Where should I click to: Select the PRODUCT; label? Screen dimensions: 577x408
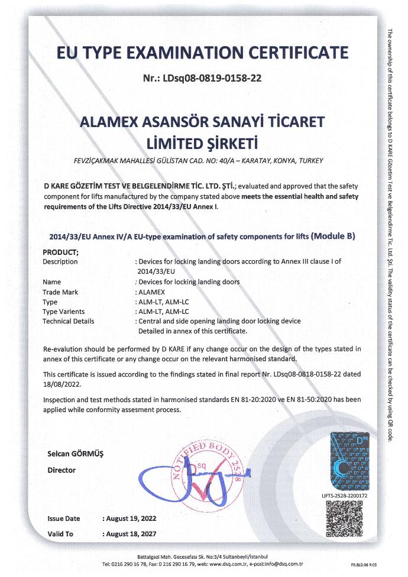[x=61, y=252]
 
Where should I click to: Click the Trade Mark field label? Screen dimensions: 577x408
[x=60, y=292]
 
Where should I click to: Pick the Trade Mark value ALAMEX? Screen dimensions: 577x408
[x=156, y=292]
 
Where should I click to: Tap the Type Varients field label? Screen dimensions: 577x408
[x=64, y=312]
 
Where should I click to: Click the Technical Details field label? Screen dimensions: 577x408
[x=68, y=321]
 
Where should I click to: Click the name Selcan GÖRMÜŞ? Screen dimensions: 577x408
[x=75, y=454]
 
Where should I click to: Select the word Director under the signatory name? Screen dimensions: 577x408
[x=61, y=471]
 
